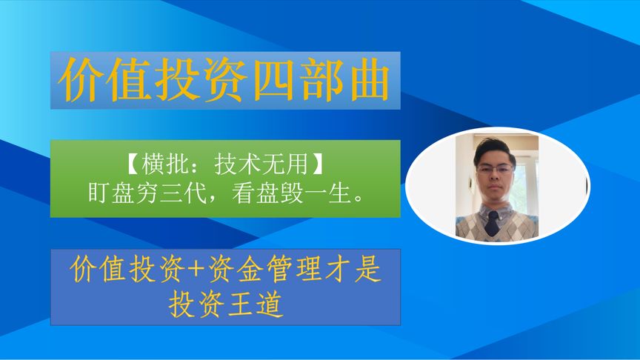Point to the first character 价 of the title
click(x=84, y=80)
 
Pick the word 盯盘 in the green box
click(x=111, y=194)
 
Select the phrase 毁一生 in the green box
click(x=323, y=194)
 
